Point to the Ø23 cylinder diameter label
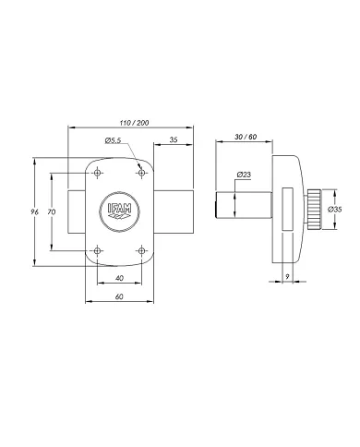point(245,174)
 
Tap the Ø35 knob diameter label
point(334,211)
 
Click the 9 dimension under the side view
point(287,277)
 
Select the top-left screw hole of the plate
point(96,172)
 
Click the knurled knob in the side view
point(315,211)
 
